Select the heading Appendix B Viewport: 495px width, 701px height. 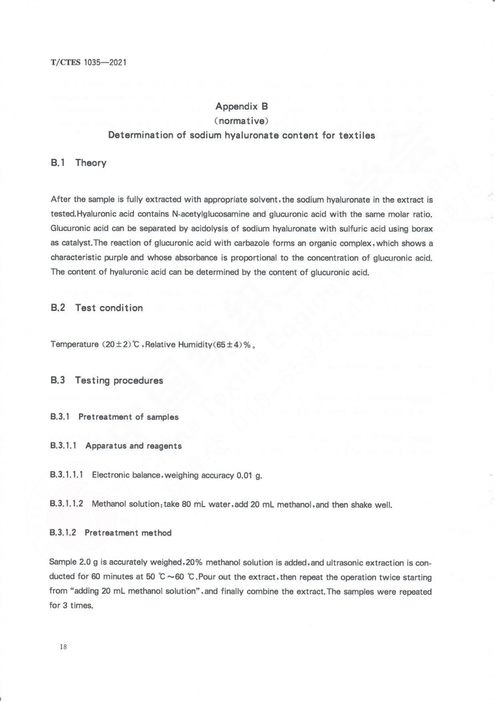point(241,106)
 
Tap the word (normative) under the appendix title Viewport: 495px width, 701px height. point(241,121)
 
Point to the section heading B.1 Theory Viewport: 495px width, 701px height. point(79,163)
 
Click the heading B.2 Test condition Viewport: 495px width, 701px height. point(97,308)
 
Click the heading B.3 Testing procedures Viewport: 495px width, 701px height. point(107,380)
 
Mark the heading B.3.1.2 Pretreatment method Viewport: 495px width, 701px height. point(111,533)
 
